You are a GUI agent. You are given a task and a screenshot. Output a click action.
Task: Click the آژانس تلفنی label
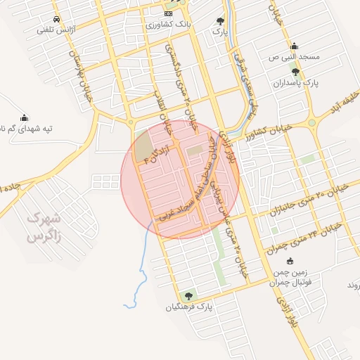pos(56,32)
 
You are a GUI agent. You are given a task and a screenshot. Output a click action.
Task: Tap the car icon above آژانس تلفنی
pos(56,20)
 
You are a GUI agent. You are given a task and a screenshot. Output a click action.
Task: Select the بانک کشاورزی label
pos(168,25)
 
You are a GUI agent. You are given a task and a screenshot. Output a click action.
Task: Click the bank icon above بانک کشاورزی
pos(168,13)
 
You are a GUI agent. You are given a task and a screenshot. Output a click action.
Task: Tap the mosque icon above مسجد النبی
pos(294,45)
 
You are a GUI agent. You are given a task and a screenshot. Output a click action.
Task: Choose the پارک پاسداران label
pos(296,83)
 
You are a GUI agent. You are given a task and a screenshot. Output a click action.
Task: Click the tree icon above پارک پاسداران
pos(295,72)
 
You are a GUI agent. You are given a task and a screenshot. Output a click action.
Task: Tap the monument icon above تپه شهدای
pos(25,117)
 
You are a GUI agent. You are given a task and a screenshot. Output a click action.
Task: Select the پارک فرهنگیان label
pos(188,307)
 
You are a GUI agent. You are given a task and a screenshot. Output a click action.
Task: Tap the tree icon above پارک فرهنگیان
pos(187,296)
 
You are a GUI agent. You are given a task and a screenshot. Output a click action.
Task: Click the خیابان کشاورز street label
pos(267,131)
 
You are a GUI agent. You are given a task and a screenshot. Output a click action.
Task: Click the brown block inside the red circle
pos(143,146)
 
